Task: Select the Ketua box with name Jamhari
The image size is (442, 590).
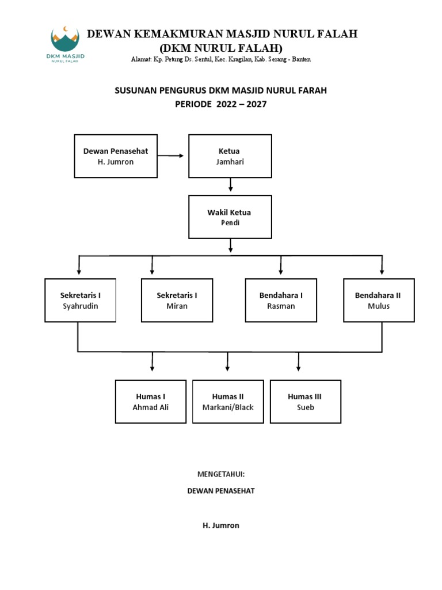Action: point(230,156)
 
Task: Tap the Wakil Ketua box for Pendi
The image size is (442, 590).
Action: point(230,217)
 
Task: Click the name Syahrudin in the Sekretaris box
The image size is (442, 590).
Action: point(81,306)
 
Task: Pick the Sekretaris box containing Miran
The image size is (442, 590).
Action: point(177,300)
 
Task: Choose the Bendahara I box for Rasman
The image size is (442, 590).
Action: point(281,300)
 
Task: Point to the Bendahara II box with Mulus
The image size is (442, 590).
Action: point(379,300)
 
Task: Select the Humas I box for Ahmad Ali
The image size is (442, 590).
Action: point(151,402)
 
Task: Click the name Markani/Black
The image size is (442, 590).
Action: point(228,407)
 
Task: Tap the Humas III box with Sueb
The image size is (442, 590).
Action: point(305,402)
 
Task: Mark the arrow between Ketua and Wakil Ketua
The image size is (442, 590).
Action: point(230,186)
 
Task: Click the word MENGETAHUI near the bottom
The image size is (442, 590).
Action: point(221,474)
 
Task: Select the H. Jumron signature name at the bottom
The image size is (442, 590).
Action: point(221,525)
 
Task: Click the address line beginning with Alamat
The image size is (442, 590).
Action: point(221,59)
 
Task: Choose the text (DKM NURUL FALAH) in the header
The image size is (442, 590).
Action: point(221,47)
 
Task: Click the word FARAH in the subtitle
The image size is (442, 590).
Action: point(314,90)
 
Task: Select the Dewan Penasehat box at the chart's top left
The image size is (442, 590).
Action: point(116,156)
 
